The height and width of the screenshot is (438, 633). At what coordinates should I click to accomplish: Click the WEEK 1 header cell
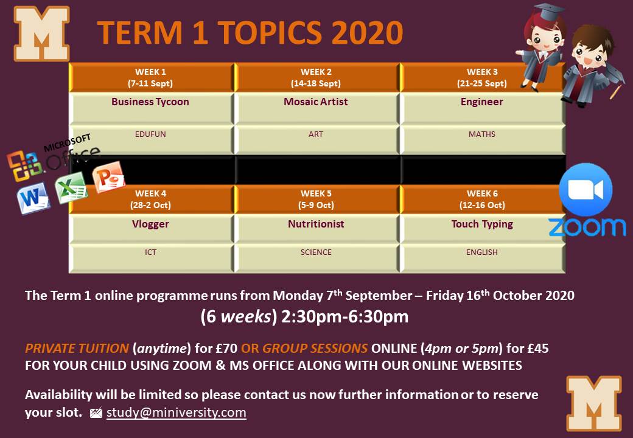[x=151, y=77]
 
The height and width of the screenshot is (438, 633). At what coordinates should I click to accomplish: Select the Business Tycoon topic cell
[x=151, y=108]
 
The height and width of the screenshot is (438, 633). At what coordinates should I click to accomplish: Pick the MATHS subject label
[x=481, y=134]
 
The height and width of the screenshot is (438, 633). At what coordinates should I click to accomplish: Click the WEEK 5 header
[x=316, y=200]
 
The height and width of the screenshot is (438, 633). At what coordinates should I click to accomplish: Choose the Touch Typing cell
[x=482, y=229]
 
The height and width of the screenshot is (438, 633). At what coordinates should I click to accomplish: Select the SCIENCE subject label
[x=316, y=252]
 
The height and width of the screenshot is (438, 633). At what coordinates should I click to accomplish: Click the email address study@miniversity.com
[x=177, y=412]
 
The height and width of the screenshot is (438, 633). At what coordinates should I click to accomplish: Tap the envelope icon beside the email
[x=96, y=413]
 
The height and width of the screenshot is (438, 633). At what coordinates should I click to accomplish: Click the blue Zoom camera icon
[x=586, y=190]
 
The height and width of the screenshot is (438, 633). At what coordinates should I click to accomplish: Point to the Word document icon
[x=33, y=198]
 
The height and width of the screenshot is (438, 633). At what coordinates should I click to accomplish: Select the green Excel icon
[x=71, y=187]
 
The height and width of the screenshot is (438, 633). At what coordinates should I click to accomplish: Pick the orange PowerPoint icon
[x=108, y=176]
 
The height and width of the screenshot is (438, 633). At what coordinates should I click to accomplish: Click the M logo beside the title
[x=41, y=33]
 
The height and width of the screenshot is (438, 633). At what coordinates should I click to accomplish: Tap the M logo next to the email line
[x=594, y=403]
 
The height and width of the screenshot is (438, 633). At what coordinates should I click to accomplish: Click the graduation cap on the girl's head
[x=547, y=12]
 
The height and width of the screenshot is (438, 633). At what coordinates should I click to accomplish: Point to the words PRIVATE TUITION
[x=77, y=349]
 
